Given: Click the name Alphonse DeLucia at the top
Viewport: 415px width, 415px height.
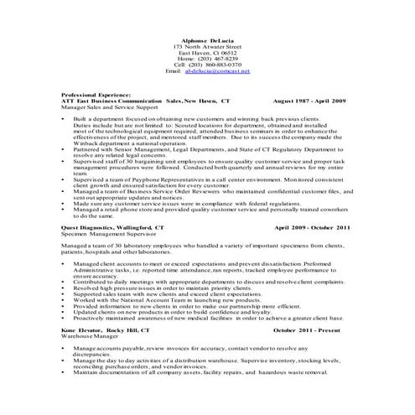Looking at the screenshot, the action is point(206,39).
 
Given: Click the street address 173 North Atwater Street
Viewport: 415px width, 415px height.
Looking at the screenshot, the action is point(206,45).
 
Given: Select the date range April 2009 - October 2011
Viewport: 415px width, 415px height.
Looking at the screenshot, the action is point(312,227).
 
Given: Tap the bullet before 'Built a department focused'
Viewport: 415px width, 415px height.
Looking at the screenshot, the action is point(65,121).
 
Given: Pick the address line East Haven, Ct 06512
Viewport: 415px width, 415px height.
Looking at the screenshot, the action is point(206,52).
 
